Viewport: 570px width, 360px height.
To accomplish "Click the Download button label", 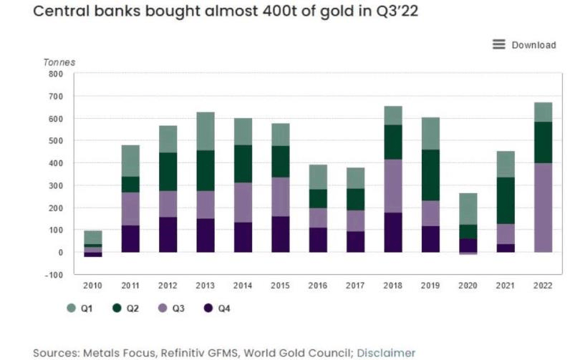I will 533,45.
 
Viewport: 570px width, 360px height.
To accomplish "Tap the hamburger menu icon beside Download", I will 499,44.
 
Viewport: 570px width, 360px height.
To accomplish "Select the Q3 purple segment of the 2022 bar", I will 543,208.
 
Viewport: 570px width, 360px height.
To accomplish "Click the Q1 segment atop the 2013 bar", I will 206,131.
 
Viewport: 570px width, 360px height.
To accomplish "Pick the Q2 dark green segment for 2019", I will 430,175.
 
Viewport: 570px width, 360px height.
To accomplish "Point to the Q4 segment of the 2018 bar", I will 393,232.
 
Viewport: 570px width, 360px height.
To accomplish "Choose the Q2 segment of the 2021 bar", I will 506,200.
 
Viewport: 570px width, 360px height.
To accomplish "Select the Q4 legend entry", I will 217,308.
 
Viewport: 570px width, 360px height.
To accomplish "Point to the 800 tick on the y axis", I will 55,74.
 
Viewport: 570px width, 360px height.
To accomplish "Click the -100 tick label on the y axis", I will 54,275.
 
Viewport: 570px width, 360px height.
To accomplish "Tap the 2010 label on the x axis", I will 93,286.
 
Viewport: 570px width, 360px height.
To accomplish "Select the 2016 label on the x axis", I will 318,286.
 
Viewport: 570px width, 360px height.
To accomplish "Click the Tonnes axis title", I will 59,62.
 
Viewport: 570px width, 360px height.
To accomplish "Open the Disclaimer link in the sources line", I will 386,352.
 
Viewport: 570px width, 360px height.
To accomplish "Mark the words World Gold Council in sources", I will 289,352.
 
